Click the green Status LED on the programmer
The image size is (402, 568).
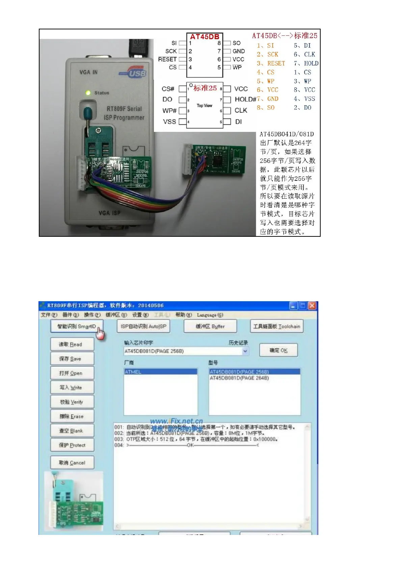(88, 93)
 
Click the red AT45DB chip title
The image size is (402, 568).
(205, 37)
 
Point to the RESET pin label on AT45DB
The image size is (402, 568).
(167, 59)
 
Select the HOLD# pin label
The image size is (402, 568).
(245, 99)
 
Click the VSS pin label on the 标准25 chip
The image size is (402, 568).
(169, 121)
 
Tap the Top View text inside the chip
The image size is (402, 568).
(205, 106)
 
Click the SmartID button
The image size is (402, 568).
(77, 326)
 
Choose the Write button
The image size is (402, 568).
(72, 388)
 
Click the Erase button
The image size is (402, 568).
(72, 416)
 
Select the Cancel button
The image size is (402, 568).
(72, 463)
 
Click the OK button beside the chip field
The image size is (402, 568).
(278, 350)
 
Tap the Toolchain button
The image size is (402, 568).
(277, 326)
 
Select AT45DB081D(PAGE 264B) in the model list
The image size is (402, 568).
(239, 378)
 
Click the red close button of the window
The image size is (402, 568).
(312, 306)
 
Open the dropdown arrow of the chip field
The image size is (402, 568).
(245, 351)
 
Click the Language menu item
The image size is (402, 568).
(210, 315)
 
